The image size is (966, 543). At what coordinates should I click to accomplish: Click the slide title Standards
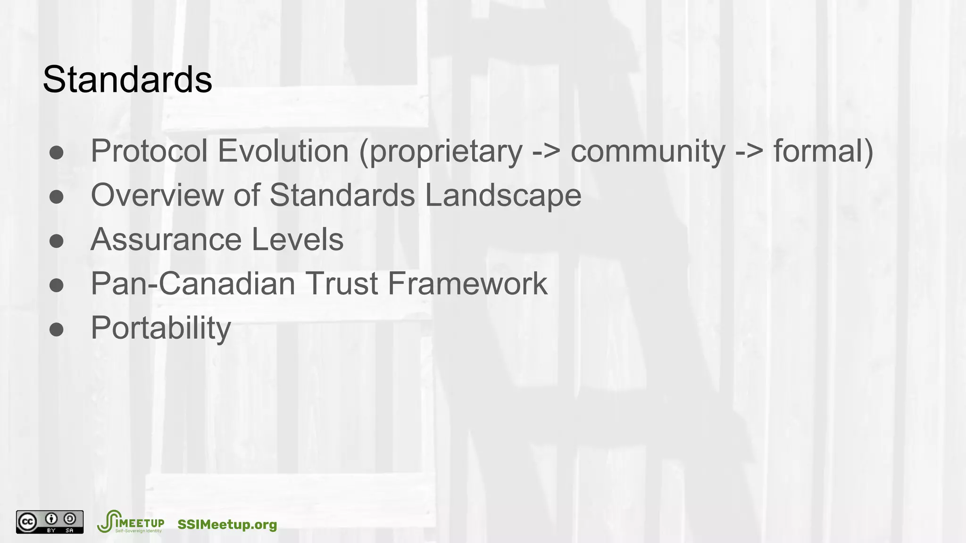tap(127, 79)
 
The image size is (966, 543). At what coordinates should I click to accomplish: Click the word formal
tap(819, 151)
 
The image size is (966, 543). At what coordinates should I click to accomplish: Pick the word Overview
tap(157, 195)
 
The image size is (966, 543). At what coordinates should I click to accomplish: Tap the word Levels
tap(298, 239)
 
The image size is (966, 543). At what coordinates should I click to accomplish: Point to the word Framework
tap(467, 283)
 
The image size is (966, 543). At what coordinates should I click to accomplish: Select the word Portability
tap(161, 328)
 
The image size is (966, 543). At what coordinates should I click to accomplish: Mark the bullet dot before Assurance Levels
tap(57, 241)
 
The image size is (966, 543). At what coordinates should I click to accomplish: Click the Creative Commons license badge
tap(50, 522)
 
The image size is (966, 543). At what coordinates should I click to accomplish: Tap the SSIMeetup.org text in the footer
tap(227, 525)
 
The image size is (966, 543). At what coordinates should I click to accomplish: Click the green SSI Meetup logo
tap(130, 522)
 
